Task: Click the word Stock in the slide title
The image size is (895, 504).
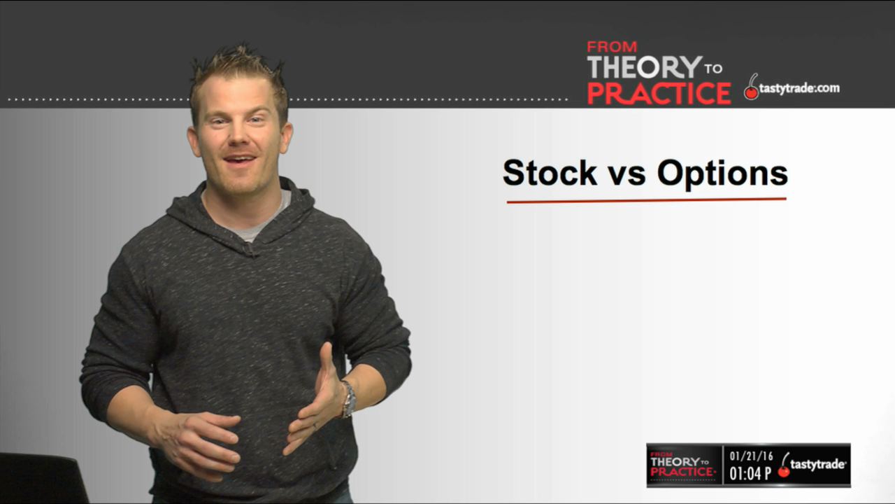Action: pos(550,173)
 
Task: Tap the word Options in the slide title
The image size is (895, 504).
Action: pos(722,174)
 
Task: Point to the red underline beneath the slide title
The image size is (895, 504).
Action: pos(647,200)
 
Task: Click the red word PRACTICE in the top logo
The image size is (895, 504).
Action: pos(659,94)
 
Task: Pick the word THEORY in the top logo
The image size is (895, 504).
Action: pos(645,66)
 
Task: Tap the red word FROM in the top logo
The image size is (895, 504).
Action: pos(612,47)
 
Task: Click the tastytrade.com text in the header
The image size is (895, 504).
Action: pos(799,88)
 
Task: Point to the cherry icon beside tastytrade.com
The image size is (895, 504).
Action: pos(751,87)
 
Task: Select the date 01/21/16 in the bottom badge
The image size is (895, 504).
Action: pos(751,456)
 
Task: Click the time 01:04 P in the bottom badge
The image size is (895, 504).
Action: pos(750,474)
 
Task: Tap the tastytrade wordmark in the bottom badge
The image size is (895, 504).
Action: pos(817,465)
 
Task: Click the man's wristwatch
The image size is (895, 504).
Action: pos(348,399)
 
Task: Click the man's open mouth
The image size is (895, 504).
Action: pos(239,160)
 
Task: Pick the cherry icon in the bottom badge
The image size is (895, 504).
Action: pos(784,465)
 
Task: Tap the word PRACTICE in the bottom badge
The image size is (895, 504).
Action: pos(682,472)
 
